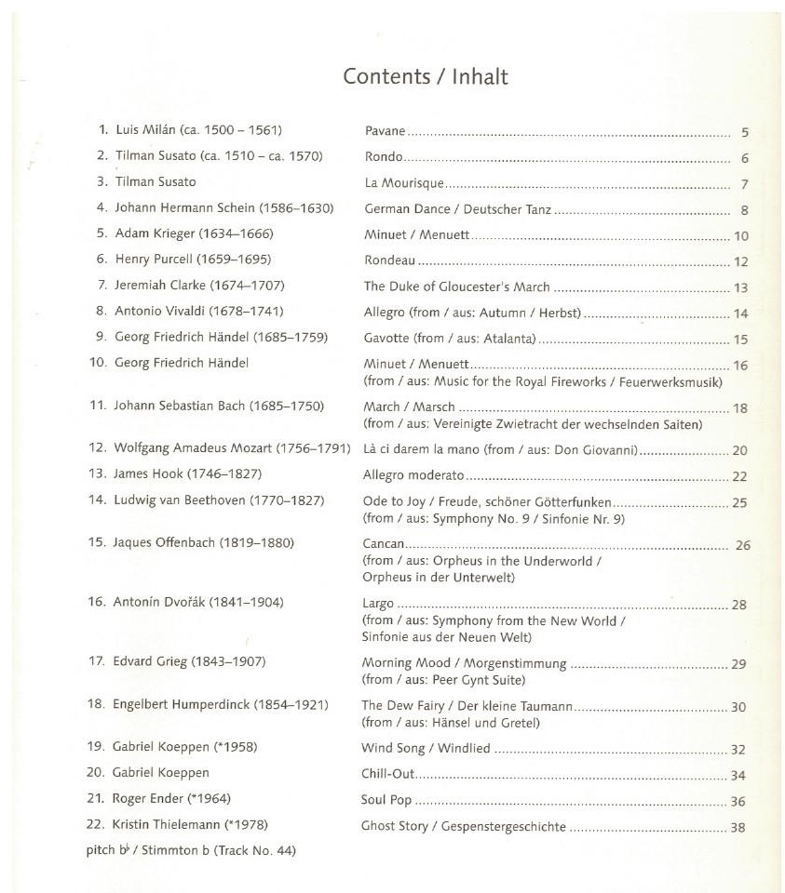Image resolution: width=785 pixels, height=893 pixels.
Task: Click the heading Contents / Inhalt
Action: pyautogui.click(x=426, y=76)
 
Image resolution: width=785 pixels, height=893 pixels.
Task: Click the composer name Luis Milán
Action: pyautogui.click(x=145, y=130)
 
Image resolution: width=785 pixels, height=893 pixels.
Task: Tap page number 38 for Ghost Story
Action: pyautogui.click(x=738, y=826)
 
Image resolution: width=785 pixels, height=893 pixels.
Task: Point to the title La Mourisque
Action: pyautogui.click(x=405, y=183)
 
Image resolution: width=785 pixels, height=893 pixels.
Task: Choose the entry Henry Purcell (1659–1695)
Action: pyautogui.click(x=193, y=260)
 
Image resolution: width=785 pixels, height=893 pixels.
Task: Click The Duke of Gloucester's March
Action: pyautogui.click(x=457, y=287)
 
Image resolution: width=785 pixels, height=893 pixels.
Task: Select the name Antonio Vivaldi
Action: pyautogui.click(x=160, y=311)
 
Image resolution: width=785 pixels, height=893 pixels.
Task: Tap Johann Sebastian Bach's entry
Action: pyautogui.click(x=218, y=406)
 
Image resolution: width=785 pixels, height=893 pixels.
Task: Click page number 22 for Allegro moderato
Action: pyautogui.click(x=740, y=476)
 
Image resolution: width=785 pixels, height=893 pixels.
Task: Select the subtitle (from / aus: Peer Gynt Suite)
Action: pyautogui.click(x=440, y=680)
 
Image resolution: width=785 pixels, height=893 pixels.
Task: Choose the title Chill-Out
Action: pyautogui.click(x=388, y=773)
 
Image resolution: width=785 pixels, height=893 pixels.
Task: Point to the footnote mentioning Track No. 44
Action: pyautogui.click(x=191, y=849)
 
